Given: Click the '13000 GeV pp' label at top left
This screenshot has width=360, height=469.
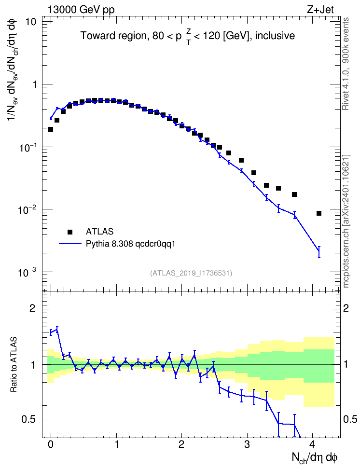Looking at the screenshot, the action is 81,10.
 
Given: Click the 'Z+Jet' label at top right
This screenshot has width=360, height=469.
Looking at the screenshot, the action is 320,10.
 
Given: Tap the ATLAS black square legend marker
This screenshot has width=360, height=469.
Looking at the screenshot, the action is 70,232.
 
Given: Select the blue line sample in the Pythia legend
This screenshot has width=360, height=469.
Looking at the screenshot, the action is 70,244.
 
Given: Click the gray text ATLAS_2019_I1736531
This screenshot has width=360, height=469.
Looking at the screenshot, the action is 191,273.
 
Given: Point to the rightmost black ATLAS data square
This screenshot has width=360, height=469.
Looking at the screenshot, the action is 319,213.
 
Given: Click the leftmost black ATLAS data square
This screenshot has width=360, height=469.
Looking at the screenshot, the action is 51,129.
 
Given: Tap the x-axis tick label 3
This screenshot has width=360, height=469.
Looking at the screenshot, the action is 247,444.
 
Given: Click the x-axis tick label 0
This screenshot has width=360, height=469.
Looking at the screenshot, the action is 51,444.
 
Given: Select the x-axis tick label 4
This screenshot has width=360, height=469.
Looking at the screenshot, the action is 312,444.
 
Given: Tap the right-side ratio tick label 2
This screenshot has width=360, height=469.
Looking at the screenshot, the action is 346,308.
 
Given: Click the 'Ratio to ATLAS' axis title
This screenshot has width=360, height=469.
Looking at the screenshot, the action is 14,364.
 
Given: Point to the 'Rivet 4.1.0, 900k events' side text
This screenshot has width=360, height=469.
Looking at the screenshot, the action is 346,64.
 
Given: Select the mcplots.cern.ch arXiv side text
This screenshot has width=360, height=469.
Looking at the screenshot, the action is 346,221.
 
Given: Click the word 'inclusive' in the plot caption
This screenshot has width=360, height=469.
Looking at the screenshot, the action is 275,36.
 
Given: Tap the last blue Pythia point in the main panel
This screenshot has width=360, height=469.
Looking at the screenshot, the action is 319,251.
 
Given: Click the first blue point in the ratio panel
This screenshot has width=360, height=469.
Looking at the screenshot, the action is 51,332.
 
